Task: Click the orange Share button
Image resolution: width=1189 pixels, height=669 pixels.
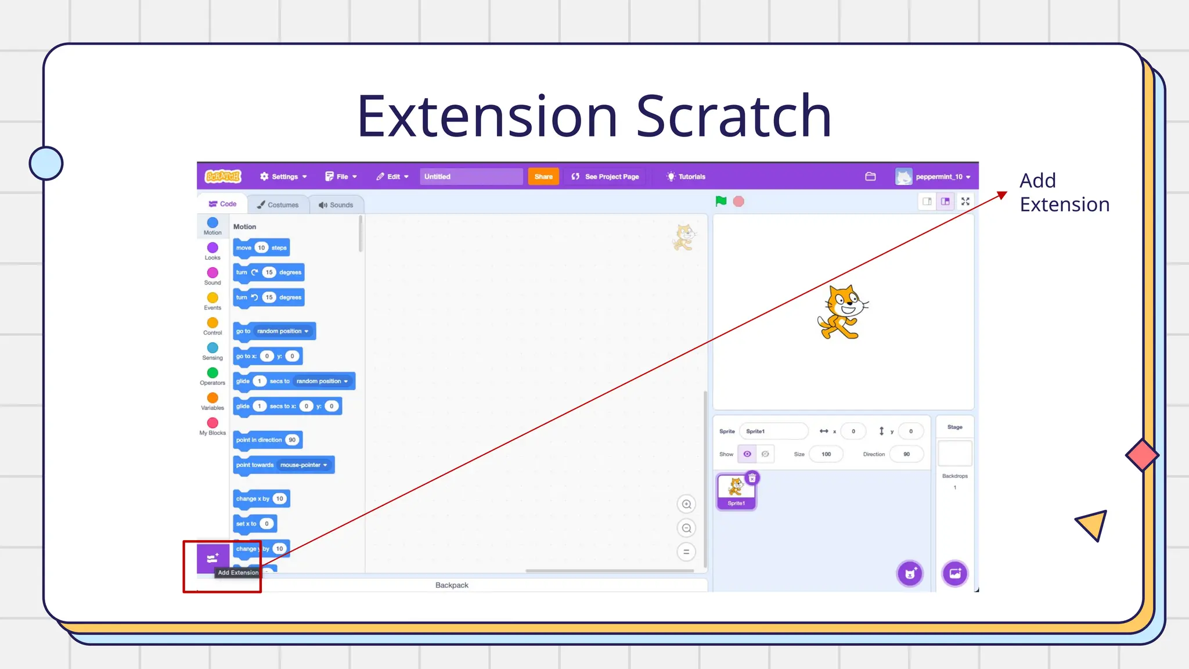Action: (x=543, y=177)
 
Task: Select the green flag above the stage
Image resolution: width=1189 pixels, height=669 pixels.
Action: (x=721, y=202)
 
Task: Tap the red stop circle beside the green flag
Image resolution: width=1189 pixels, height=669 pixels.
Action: (x=738, y=202)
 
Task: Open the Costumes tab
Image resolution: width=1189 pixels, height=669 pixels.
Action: (x=278, y=205)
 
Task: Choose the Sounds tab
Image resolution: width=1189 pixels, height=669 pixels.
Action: (x=336, y=205)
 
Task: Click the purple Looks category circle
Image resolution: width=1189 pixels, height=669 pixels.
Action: (x=212, y=248)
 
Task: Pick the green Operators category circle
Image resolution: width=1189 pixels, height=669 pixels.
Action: (x=212, y=373)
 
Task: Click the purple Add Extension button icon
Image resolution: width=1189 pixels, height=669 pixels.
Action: (x=212, y=558)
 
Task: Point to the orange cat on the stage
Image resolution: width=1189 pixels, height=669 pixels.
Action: (x=842, y=312)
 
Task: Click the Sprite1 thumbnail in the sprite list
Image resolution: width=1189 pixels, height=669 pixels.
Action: (x=736, y=491)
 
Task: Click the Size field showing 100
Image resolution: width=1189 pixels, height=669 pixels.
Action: (x=826, y=454)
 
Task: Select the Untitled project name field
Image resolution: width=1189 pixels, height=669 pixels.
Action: (x=470, y=177)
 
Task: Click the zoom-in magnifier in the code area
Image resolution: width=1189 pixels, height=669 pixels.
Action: (x=686, y=504)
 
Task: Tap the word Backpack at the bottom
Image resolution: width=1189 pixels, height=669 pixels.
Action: (x=452, y=585)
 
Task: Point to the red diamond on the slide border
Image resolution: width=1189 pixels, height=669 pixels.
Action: (x=1142, y=455)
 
